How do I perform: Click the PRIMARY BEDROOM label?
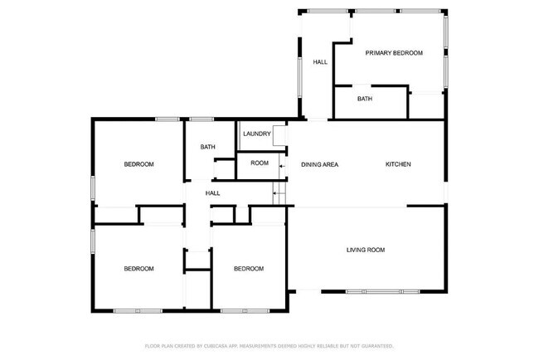pos(394,53)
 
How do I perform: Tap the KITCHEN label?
pos(398,164)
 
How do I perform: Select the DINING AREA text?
pos(319,164)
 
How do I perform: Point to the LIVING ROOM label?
pos(365,250)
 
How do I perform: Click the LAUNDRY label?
pos(256,134)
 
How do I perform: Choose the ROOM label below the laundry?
pos(260,163)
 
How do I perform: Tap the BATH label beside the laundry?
pos(207,148)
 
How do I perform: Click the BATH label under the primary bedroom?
pos(365,100)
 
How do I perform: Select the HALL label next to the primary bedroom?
pos(319,63)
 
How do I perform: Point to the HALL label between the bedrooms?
pos(213,193)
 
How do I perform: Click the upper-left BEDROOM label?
pos(139,164)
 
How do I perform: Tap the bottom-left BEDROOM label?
pos(139,269)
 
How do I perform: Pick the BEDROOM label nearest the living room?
pos(249,269)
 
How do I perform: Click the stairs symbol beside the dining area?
pos(279,194)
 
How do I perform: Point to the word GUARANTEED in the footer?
pos(375,345)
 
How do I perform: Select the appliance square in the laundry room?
pos(279,134)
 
